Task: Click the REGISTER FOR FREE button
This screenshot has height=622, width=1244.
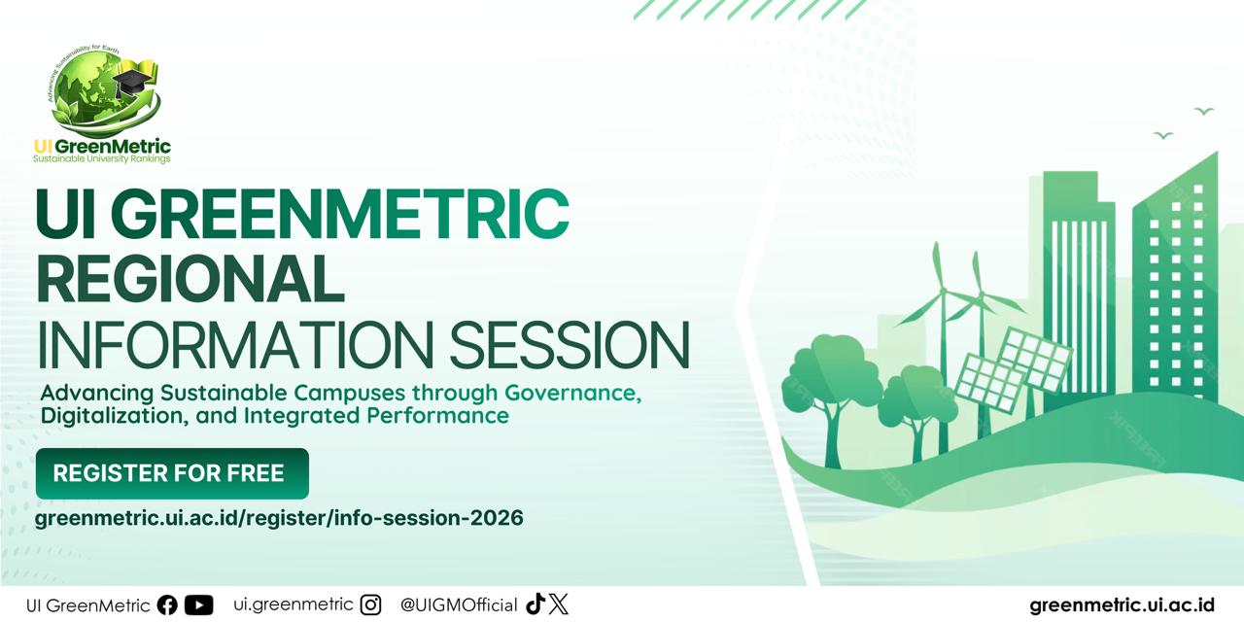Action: tap(171, 473)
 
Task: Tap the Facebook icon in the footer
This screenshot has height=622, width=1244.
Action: tap(167, 605)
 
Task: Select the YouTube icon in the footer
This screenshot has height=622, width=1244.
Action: tap(198, 605)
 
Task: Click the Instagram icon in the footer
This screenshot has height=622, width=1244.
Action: tap(370, 605)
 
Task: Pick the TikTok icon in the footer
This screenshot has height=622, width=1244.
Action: tap(535, 605)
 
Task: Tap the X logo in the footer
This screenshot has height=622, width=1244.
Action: tap(558, 605)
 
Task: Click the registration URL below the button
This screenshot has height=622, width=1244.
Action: tap(279, 518)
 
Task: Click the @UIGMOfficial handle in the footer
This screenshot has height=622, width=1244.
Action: tap(459, 605)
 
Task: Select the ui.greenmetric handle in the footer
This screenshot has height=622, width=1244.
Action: tap(294, 604)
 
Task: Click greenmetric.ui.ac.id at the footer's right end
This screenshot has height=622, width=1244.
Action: tap(1122, 605)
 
